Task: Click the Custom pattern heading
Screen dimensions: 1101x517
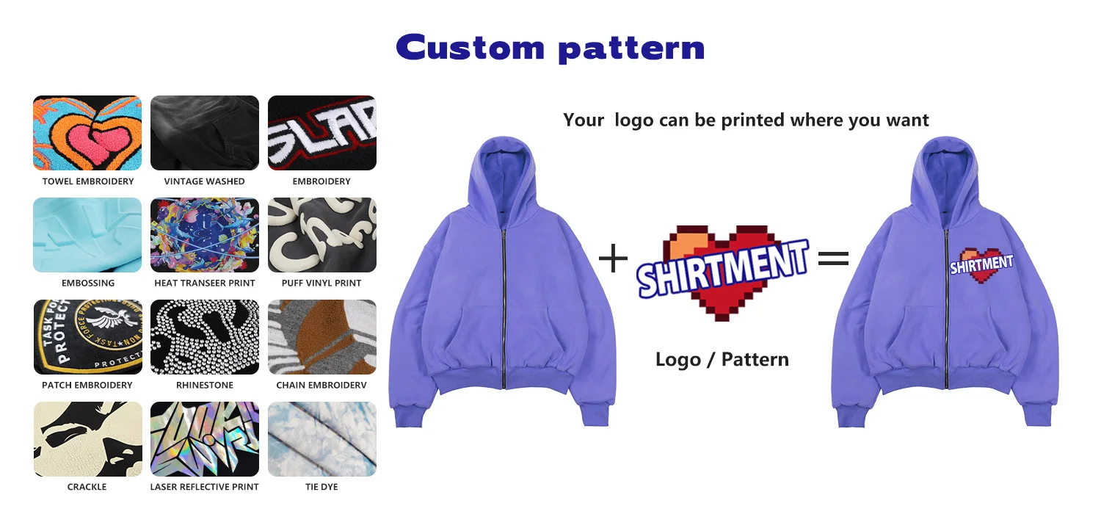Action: coord(550,48)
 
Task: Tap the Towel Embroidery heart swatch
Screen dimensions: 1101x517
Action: coord(87,133)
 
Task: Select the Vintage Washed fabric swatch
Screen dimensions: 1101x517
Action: coord(205,133)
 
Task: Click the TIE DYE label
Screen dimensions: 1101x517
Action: coord(321,487)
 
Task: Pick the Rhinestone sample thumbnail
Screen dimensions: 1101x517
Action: coord(205,337)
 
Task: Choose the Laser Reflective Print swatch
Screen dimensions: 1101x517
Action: coord(205,438)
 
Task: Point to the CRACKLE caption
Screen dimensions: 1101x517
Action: coord(87,487)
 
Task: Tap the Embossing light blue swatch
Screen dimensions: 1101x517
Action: coord(87,235)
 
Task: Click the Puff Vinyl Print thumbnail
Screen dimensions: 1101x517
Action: coord(322,235)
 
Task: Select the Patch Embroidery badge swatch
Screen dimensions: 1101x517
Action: coord(87,337)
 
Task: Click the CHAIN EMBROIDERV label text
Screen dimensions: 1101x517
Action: coord(321,385)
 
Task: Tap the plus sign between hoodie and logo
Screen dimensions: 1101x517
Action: coord(613,258)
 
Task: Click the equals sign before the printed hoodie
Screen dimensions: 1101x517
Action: coord(834,258)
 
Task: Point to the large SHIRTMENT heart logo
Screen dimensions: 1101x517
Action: coord(722,272)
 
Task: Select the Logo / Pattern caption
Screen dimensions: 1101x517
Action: coord(722,360)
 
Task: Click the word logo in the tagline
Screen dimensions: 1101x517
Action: coord(633,120)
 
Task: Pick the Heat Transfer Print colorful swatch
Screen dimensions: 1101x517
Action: coord(205,235)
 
